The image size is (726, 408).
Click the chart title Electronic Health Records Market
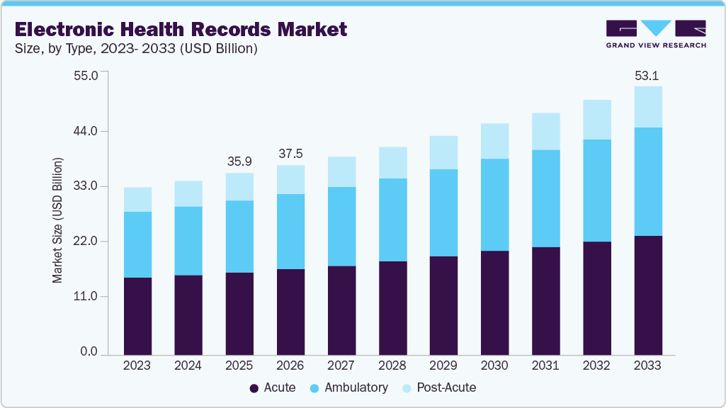pos(181,29)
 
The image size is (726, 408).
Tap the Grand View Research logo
pos(656,34)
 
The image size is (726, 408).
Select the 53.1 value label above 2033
pos(647,76)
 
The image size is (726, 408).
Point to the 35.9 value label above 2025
pos(239,162)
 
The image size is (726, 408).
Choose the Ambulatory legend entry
pos(349,387)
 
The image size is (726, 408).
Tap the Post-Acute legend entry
pos(438,387)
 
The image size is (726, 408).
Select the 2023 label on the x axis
pos(137,365)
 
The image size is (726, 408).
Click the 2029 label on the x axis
pos(443,365)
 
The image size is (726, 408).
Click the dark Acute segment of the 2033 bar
pos(647,295)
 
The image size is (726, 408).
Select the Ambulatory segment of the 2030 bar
pos(494,205)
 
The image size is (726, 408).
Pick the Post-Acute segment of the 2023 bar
pos(137,199)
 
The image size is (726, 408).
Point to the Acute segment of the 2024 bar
pos(188,314)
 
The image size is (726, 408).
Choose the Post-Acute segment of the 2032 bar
pos(596,120)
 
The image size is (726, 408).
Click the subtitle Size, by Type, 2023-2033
pos(136,49)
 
